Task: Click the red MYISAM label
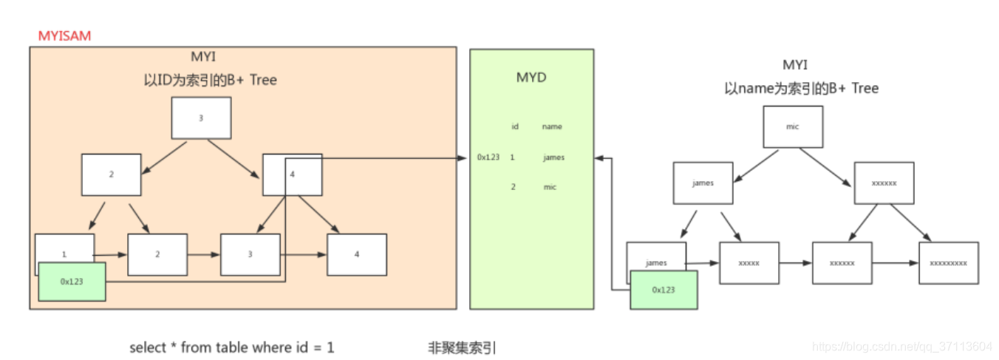tap(64, 35)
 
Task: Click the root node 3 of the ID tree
tap(201, 118)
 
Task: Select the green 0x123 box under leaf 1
tap(72, 282)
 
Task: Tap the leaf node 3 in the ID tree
tap(250, 254)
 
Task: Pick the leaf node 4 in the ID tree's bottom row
tap(357, 254)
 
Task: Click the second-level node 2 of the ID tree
tap(112, 174)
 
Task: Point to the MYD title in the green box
tap(531, 78)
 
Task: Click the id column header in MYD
tap(514, 126)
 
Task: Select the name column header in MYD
tap(551, 126)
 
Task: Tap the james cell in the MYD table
tap(553, 157)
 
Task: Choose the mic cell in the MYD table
tap(549, 187)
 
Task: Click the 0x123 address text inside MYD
tap(488, 157)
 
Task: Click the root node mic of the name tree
tap(793, 126)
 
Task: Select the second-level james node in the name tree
tap(703, 183)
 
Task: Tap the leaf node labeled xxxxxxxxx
tap(948, 262)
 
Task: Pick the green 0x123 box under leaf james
tap(663, 290)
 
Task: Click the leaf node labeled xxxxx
tap(749, 262)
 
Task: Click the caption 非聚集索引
tap(462, 347)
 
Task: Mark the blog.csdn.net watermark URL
tap(901, 346)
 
